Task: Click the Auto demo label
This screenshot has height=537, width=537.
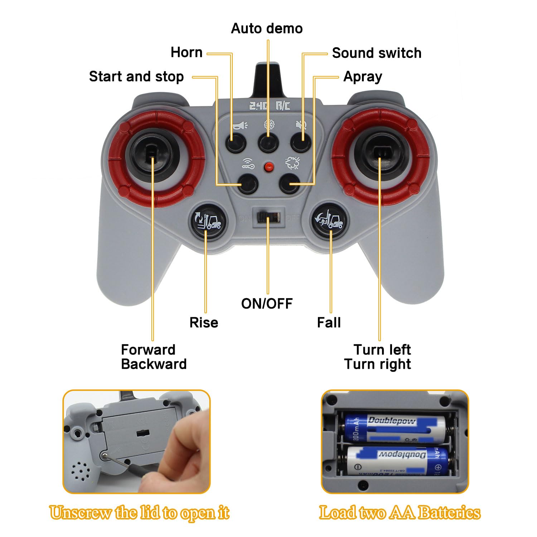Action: pyautogui.click(x=267, y=28)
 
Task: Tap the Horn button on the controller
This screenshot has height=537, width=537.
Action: pyautogui.click(x=236, y=142)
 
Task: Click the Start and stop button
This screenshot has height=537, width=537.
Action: pyautogui.click(x=248, y=184)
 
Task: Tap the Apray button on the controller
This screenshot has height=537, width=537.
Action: pyautogui.click(x=289, y=184)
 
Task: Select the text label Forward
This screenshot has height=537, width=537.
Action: pyautogui.click(x=148, y=350)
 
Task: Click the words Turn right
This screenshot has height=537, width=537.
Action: pyautogui.click(x=377, y=364)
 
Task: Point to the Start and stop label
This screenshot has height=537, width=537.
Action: pyautogui.click(x=136, y=77)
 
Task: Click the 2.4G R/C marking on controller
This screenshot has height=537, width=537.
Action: pyautogui.click(x=270, y=106)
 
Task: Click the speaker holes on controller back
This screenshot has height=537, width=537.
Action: pyautogui.click(x=79, y=471)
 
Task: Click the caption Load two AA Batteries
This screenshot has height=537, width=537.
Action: pyautogui.click(x=400, y=513)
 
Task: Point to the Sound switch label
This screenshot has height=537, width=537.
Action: pyautogui.click(x=377, y=53)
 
